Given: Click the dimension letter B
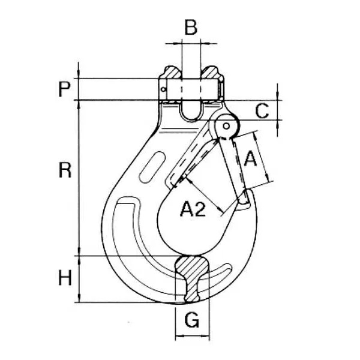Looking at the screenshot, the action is (x=191, y=28).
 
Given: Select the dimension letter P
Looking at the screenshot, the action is (x=64, y=89).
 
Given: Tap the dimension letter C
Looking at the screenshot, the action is (x=262, y=111).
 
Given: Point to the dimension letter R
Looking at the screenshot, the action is (x=65, y=170).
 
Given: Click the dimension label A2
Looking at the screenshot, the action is (x=193, y=209).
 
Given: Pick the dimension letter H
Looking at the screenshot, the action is (x=65, y=278).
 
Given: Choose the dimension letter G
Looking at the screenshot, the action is (x=192, y=320).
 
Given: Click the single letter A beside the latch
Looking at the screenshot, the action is (x=250, y=158).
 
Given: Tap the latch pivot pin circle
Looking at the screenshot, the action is (x=226, y=126).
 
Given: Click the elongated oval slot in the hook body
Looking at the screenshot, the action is (x=152, y=167).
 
